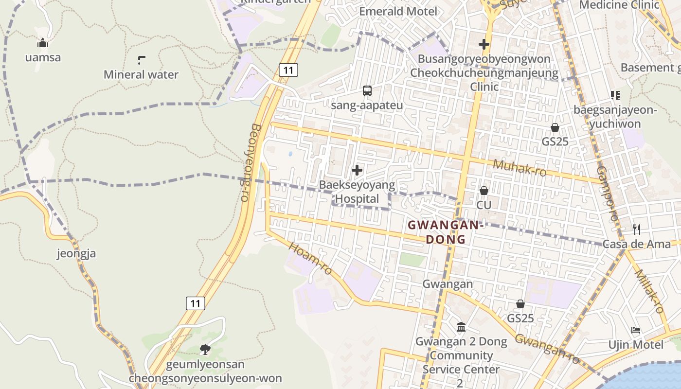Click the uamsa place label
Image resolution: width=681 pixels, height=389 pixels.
[43, 57]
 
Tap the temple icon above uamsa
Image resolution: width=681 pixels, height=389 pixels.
[43, 43]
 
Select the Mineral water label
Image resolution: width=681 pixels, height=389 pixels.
[141, 74]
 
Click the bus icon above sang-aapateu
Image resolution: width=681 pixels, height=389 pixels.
[367, 91]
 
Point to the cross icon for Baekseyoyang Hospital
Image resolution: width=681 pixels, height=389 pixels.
[357, 170]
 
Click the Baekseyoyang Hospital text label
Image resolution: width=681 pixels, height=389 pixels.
[357, 192]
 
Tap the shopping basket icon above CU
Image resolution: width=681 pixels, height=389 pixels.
[484, 191]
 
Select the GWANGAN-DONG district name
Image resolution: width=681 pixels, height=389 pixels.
[446, 232]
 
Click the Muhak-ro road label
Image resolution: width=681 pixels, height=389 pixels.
[520, 168]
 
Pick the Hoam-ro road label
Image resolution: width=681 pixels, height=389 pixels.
[310, 257]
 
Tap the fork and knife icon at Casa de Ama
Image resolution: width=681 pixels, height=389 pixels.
[636, 229]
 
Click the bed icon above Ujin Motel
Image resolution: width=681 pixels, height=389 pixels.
[636, 331]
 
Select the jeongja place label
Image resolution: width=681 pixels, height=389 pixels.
[76, 253]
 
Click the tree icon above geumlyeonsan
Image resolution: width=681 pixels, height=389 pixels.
[205, 349]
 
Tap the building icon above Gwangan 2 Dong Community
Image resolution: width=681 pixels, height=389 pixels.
[461, 327]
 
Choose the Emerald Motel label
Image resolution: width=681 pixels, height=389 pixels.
[398, 11]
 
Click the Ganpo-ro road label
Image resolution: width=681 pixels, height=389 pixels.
[607, 194]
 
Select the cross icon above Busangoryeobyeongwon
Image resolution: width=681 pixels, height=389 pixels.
[484, 44]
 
